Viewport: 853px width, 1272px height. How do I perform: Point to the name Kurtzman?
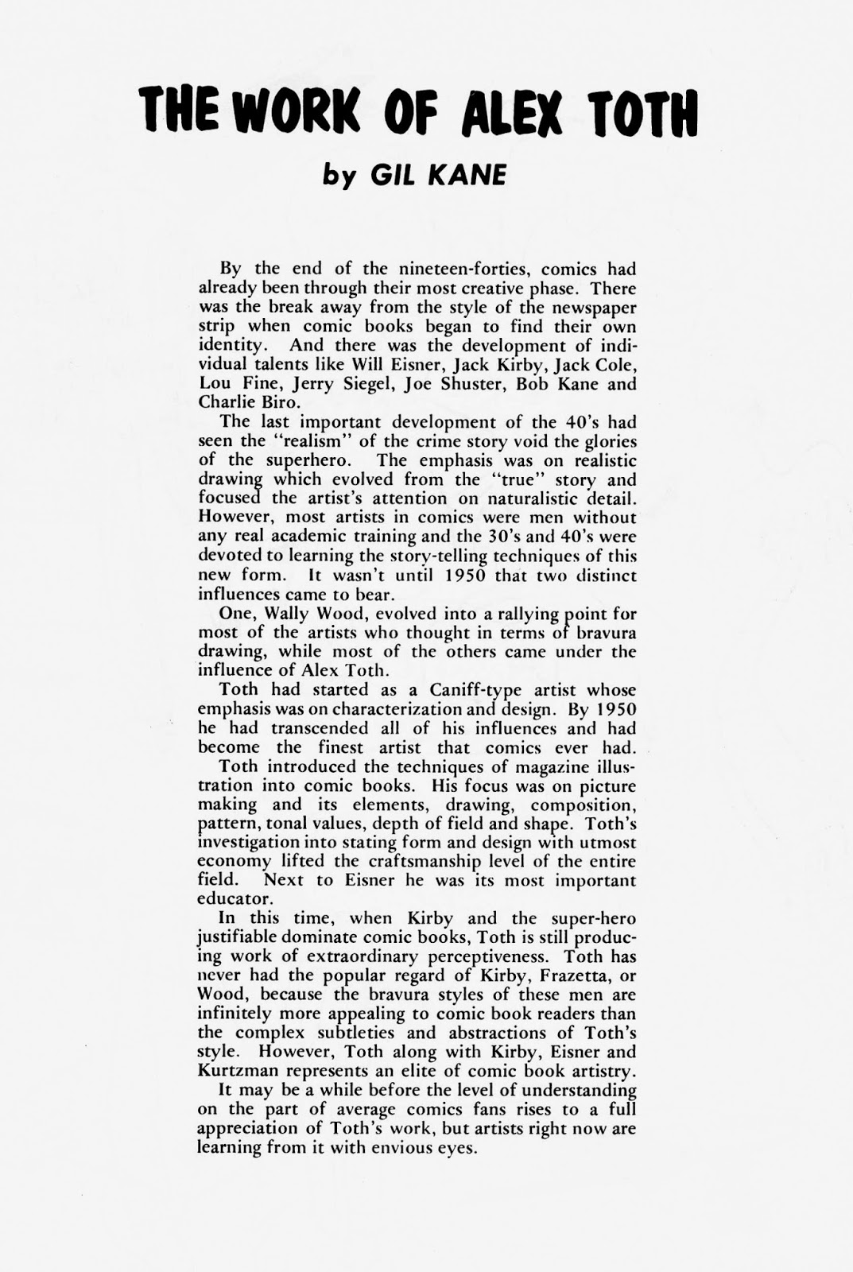(x=240, y=1072)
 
